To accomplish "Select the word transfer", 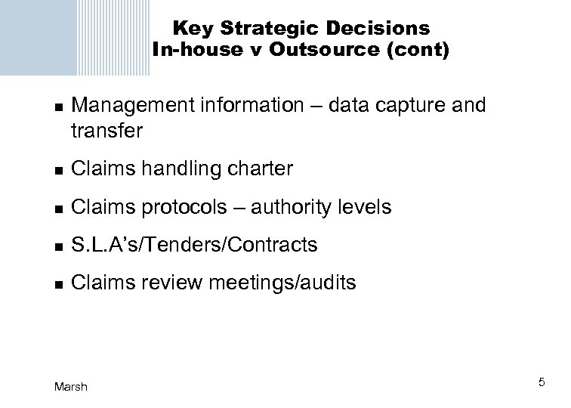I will [106, 131].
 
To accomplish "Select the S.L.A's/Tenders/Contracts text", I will [193, 245].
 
